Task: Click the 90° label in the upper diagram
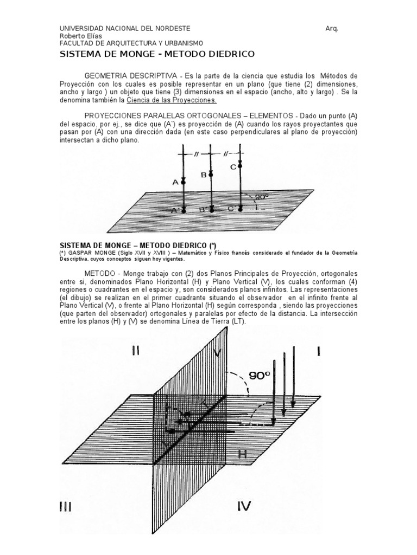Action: tap(263, 197)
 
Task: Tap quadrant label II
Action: tap(136, 351)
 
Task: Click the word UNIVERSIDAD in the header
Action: tap(81, 28)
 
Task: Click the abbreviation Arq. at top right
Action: tap(332, 28)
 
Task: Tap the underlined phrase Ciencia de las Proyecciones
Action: tap(172, 100)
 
